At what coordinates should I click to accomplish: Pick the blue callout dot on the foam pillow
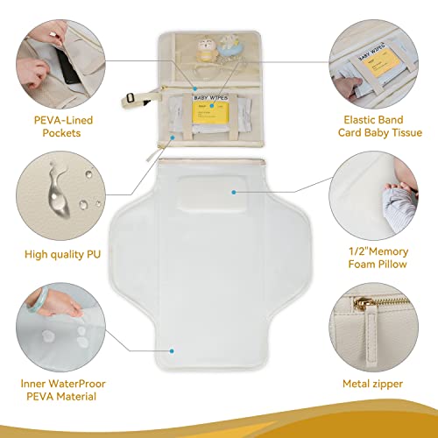pos(236,190)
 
